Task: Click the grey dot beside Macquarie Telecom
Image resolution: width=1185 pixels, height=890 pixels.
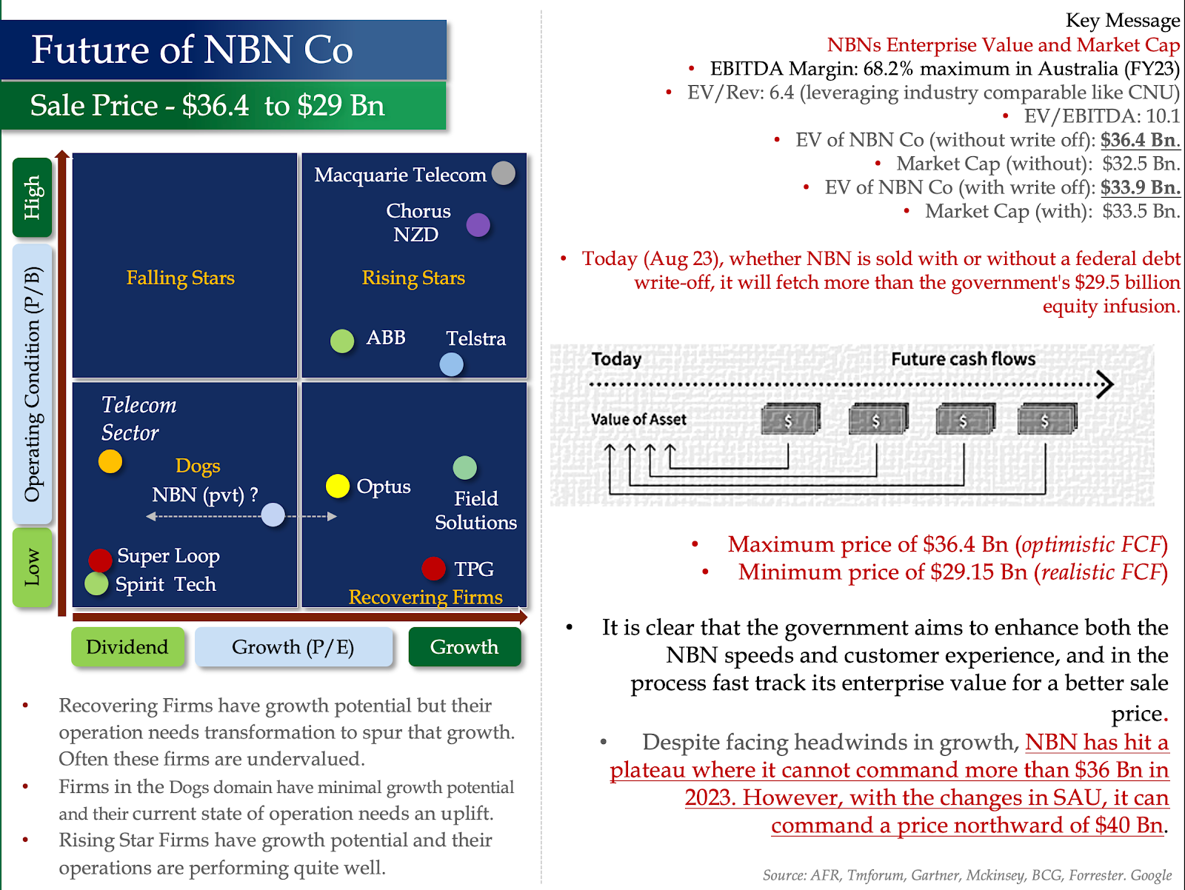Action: coord(504,173)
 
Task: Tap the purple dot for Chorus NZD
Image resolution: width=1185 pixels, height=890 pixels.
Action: coord(478,224)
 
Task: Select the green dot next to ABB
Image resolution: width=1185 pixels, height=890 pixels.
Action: coord(342,341)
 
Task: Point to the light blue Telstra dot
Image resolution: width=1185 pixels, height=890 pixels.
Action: coord(451,364)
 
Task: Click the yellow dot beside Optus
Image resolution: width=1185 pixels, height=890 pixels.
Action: coord(338,486)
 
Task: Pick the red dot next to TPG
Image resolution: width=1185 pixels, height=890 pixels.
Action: coord(433,569)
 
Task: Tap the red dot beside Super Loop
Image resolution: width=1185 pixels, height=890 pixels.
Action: coord(100,560)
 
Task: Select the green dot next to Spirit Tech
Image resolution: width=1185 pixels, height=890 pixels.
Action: coord(96,583)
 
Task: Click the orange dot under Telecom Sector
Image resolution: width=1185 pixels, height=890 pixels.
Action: coord(110,461)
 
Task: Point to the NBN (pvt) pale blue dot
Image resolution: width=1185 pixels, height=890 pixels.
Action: coord(273,515)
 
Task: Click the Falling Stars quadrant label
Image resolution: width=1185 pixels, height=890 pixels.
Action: coord(180,278)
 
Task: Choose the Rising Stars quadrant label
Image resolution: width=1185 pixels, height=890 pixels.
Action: coord(413,278)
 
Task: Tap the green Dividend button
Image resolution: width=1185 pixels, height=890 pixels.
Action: coord(127,647)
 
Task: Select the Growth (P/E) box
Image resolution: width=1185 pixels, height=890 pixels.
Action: coord(293,647)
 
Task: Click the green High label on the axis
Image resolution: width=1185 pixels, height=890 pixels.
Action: coord(33,197)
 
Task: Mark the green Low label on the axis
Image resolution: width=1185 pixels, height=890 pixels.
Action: coord(33,567)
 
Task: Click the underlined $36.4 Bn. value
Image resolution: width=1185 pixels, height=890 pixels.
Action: coord(1140,140)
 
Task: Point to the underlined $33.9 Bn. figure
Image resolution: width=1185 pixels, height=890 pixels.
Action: coord(1140,187)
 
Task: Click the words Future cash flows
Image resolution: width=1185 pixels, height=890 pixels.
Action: coord(963,359)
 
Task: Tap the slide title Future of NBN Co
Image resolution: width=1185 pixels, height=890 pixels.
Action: coord(192,50)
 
